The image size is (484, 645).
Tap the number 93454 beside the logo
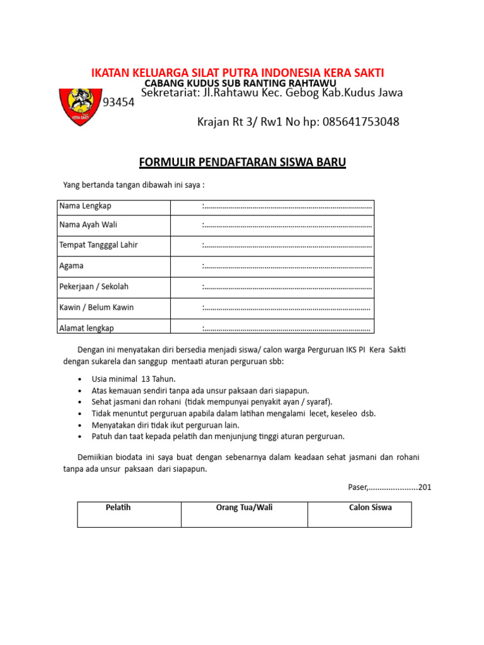(x=118, y=103)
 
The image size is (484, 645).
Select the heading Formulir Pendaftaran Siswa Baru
(x=242, y=163)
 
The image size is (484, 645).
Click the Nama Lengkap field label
(x=85, y=206)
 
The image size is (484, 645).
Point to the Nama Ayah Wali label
(x=88, y=225)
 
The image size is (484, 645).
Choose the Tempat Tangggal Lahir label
(x=98, y=245)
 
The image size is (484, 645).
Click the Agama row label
(x=71, y=266)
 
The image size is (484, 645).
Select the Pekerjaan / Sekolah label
(x=94, y=287)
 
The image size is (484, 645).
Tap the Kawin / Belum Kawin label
(x=96, y=307)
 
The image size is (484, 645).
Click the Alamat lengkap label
(x=86, y=328)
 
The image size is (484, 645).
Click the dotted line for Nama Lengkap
(x=287, y=207)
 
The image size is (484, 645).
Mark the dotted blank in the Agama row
(x=287, y=266)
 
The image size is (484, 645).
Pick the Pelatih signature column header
(x=118, y=507)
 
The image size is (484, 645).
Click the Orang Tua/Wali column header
(x=244, y=507)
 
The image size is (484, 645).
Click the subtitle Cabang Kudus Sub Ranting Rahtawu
(x=240, y=83)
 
